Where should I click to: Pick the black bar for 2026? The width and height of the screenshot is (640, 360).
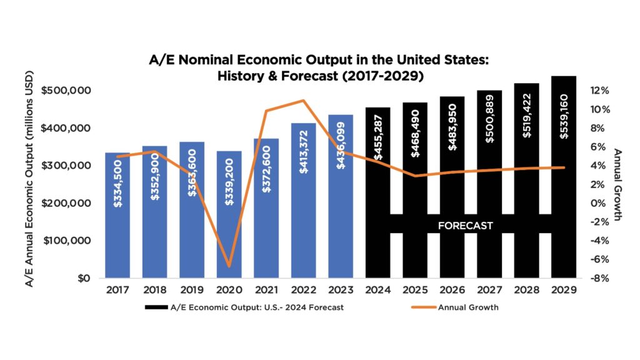pyautogui.click(x=452, y=187)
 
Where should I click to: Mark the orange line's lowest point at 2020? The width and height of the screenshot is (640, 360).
pyautogui.click(x=229, y=266)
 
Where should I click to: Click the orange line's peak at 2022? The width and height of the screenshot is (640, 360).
pyautogui.click(x=303, y=101)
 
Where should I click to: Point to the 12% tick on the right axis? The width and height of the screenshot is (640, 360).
pyautogui.click(x=597, y=91)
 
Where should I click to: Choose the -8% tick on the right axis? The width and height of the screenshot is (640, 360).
pyautogui.click(x=597, y=278)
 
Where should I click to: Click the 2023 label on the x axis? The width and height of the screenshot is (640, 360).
pyautogui.click(x=341, y=291)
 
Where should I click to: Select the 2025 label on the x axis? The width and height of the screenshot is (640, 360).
pyautogui.click(x=415, y=291)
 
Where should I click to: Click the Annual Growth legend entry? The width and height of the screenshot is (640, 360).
pyautogui.click(x=467, y=307)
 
